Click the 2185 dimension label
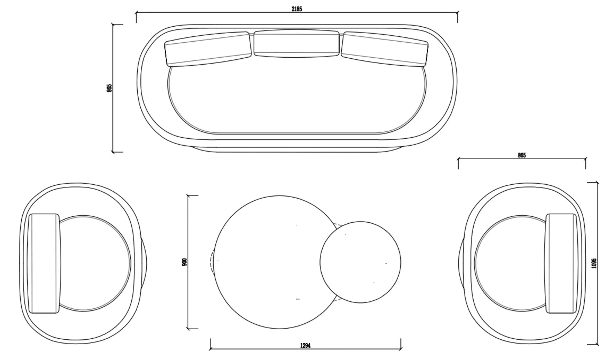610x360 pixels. [x=297, y=9]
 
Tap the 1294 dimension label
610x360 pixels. [x=305, y=345]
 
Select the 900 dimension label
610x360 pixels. [x=184, y=262]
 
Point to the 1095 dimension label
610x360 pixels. [x=594, y=263]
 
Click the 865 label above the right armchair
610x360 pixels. [x=522, y=155]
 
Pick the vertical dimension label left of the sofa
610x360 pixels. [x=109, y=88]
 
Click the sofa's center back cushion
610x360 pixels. [x=297, y=44]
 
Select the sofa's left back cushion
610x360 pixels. [x=208, y=49]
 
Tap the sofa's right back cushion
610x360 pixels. [x=385, y=49]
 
